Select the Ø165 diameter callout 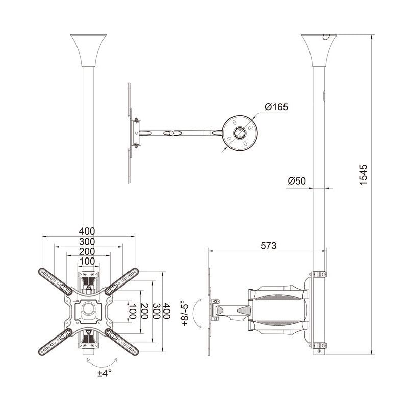[276, 107]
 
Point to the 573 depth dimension [268, 246]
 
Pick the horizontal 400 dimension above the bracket [88, 231]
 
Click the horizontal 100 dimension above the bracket [88, 261]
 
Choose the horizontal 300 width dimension [88, 241]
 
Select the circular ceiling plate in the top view [240, 133]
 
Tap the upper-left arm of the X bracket [55, 280]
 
